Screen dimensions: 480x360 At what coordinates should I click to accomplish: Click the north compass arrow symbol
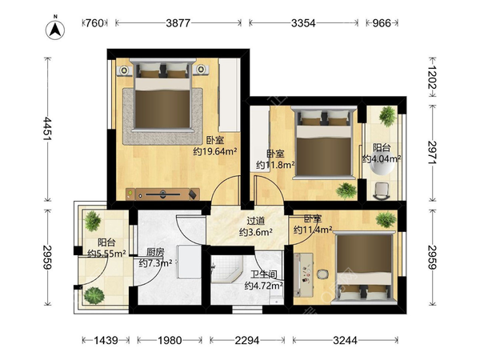(55, 30)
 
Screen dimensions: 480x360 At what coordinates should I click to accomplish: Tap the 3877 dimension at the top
(178, 23)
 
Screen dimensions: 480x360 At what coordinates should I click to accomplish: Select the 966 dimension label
(382, 23)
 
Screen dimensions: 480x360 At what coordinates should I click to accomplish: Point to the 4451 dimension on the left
(47, 129)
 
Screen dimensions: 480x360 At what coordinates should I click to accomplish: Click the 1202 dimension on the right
(433, 77)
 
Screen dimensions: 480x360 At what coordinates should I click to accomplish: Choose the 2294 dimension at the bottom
(247, 340)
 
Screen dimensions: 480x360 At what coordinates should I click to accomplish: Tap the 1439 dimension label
(106, 340)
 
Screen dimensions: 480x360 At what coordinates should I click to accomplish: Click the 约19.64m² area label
(215, 151)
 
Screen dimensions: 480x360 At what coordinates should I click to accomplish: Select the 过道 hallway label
(256, 221)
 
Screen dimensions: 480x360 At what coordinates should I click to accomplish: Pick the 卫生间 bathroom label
(263, 274)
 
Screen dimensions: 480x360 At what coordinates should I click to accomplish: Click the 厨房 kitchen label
(155, 252)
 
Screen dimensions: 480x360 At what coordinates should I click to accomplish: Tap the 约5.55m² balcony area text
(107, 254)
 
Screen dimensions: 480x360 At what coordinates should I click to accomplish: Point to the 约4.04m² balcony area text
(382, 159)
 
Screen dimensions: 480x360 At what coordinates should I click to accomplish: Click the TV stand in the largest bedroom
(162, 194)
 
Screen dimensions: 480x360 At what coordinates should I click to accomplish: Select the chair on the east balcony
(382, 191)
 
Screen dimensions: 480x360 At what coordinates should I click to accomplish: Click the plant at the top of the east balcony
(387, 116)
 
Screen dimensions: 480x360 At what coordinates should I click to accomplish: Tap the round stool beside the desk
(322, 274)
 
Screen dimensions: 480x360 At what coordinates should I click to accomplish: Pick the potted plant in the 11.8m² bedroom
(346, 190)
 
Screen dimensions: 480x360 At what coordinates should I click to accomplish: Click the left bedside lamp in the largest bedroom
(124, 70)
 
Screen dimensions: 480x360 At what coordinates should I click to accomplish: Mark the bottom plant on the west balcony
(94, 295)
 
